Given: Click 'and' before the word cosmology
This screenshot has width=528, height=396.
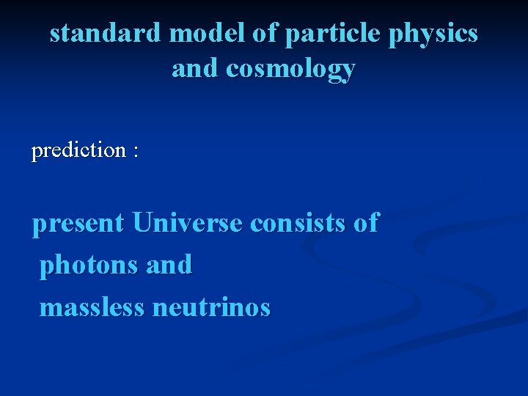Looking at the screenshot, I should (196, 68).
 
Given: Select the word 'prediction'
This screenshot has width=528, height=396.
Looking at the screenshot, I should (79, 150).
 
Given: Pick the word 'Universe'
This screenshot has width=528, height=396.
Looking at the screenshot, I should (187, 222).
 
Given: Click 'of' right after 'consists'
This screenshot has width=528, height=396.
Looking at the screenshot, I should (365, 222).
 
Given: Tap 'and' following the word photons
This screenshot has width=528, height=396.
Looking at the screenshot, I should (169, 264).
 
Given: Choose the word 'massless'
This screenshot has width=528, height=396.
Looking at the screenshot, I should (92, 307).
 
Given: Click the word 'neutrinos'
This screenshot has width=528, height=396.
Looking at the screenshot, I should (211, 307).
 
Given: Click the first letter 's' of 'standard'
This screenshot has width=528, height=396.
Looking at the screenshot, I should (55, 34).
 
